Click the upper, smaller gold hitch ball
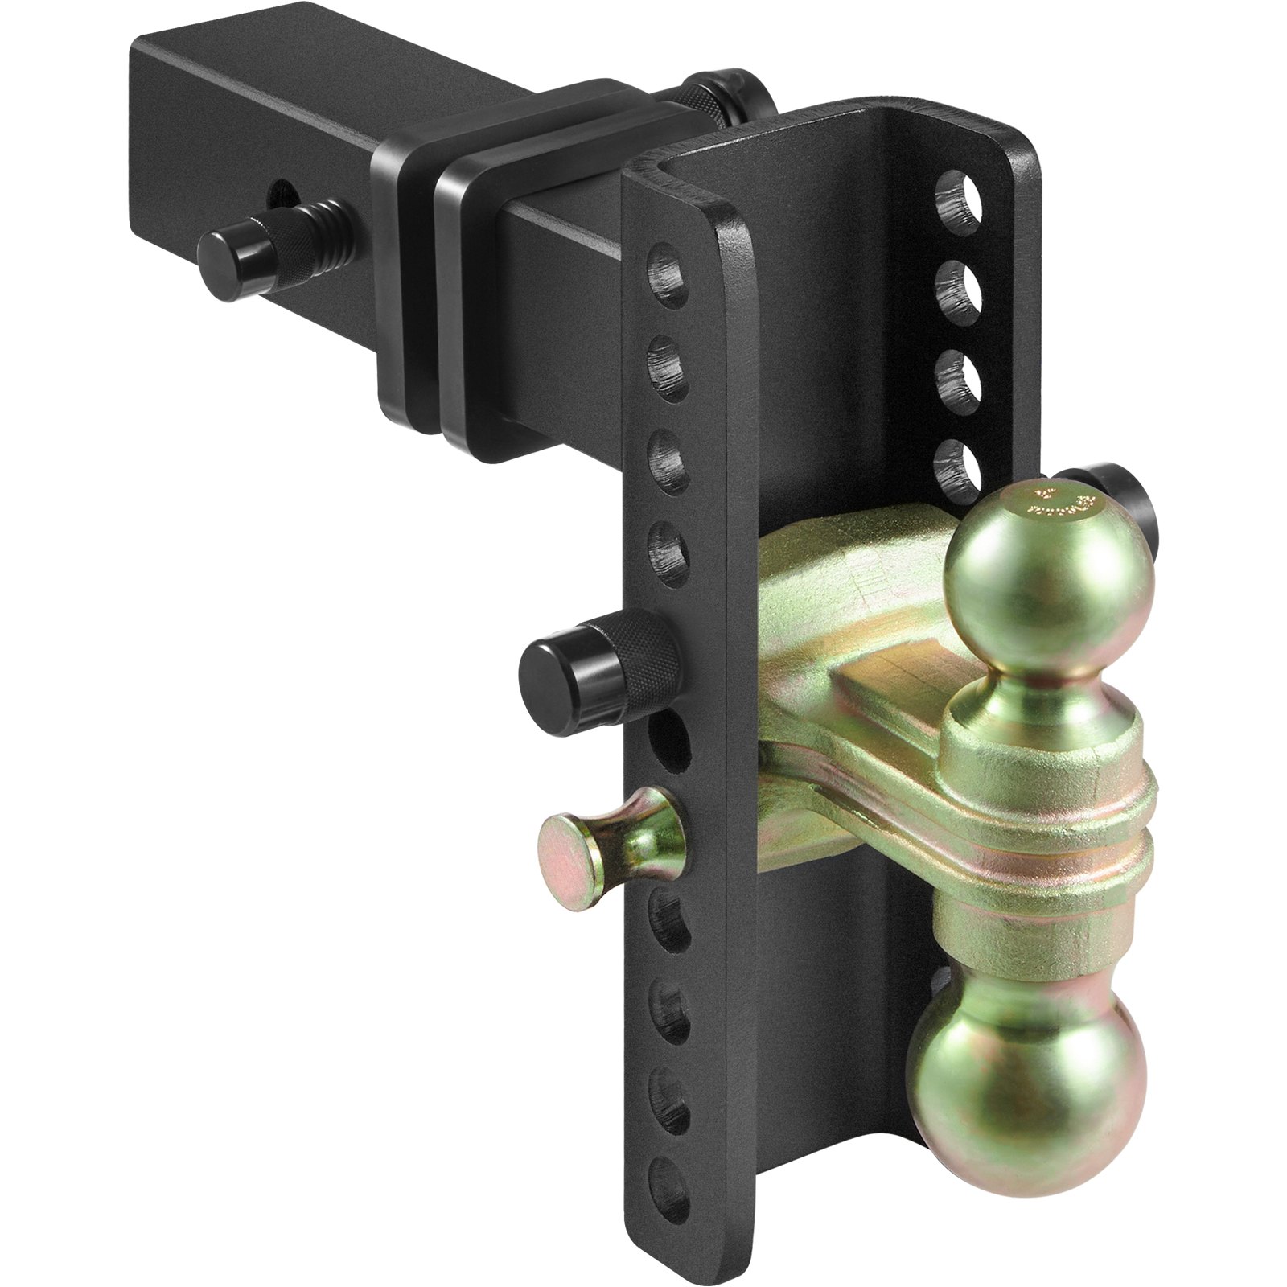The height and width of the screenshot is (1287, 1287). tap(1046, 579)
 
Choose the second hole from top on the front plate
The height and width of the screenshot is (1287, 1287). tap(668, 368)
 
